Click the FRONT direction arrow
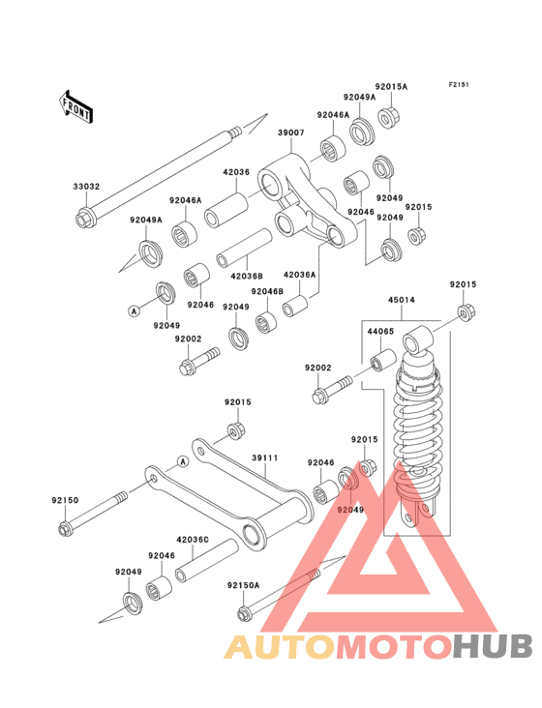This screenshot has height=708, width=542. [x=75, y=106]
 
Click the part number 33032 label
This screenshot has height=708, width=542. [x=86, y=187]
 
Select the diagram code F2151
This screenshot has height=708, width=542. [x=459, y=84]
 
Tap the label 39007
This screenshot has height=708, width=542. [x=291, y=133]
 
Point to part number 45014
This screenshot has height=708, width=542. [x=402, y=300]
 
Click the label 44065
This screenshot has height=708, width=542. [x=380, y=331]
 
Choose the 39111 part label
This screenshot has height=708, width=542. [x=264, y=457]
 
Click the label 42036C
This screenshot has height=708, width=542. [x=193, y=540]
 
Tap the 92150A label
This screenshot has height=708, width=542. [x=244, y=585]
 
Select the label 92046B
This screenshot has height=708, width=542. [x=267, y=292]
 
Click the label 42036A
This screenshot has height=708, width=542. [x=299, y=275]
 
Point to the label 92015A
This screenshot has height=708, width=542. [x=391, y=87]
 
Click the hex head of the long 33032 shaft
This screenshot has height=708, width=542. [x=83, y=219]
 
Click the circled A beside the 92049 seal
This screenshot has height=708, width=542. [x=134, y=310]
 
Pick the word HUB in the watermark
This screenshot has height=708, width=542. [x=493, y=646]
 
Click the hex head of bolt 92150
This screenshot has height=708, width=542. [x=66, y=528]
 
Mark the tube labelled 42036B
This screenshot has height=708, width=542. [x=244, y=249]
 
